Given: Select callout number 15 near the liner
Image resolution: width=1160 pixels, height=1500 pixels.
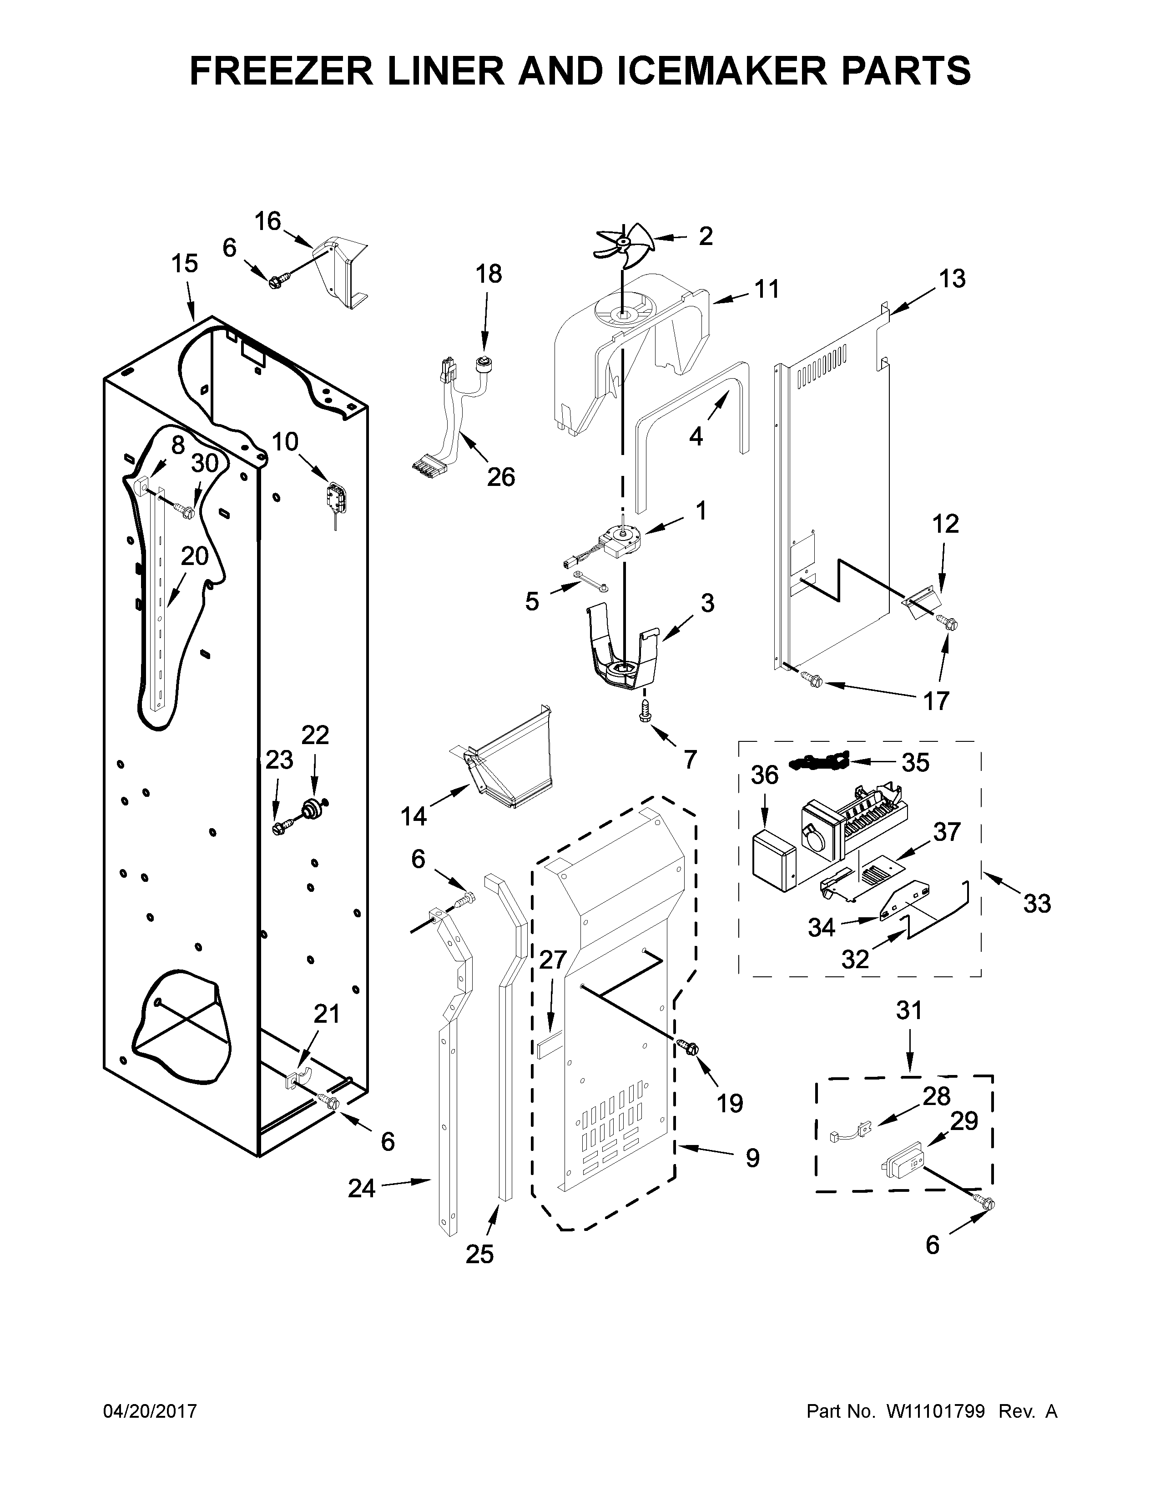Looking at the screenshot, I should [184, 264].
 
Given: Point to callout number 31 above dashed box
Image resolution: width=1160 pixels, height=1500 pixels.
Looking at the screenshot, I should [909, 1010].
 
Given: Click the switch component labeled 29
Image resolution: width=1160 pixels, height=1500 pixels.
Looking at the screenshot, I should [903, 1166].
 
